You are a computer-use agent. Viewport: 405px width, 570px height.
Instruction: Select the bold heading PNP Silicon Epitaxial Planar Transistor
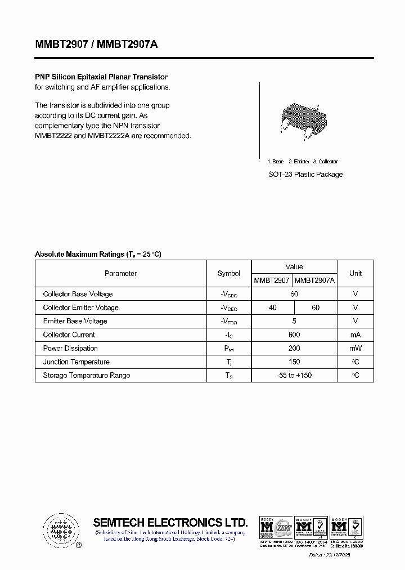tap(101, 77)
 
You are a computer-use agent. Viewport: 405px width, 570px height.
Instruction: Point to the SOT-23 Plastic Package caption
tap(305, 175)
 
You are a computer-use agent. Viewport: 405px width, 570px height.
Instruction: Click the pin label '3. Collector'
tap(326, 162)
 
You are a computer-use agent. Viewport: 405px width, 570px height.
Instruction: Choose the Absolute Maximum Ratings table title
tap(98, 255)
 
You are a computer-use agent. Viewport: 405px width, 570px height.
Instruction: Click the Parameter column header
tap(120, 274)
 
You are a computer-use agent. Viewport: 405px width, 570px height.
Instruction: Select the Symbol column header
tap(228, 274)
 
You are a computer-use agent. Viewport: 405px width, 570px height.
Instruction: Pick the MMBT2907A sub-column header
tap(315, 280)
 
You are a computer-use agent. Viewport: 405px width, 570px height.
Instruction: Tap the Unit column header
tap(355, 274)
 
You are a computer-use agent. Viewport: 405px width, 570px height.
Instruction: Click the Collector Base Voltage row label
tap(78, 294)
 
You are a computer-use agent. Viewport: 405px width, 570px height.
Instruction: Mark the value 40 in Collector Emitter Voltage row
tap(273, 308)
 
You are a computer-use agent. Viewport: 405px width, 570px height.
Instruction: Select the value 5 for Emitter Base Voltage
tap(294, 321)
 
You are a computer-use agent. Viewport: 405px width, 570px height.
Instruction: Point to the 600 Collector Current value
tap(294, 335)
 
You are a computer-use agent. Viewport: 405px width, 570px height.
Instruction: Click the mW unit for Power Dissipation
tap(355, 348)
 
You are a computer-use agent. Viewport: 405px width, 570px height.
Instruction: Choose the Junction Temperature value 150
tap(294, 362)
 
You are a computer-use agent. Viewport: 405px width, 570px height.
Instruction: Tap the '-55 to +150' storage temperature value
tap(294, 375)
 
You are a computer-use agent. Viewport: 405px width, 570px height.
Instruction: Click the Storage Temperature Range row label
tap(86, 375)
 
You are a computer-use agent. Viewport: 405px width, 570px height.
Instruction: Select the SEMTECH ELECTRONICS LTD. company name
tap(170, 522)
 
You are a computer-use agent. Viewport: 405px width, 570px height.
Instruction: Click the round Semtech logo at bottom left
tap(59, 530)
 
